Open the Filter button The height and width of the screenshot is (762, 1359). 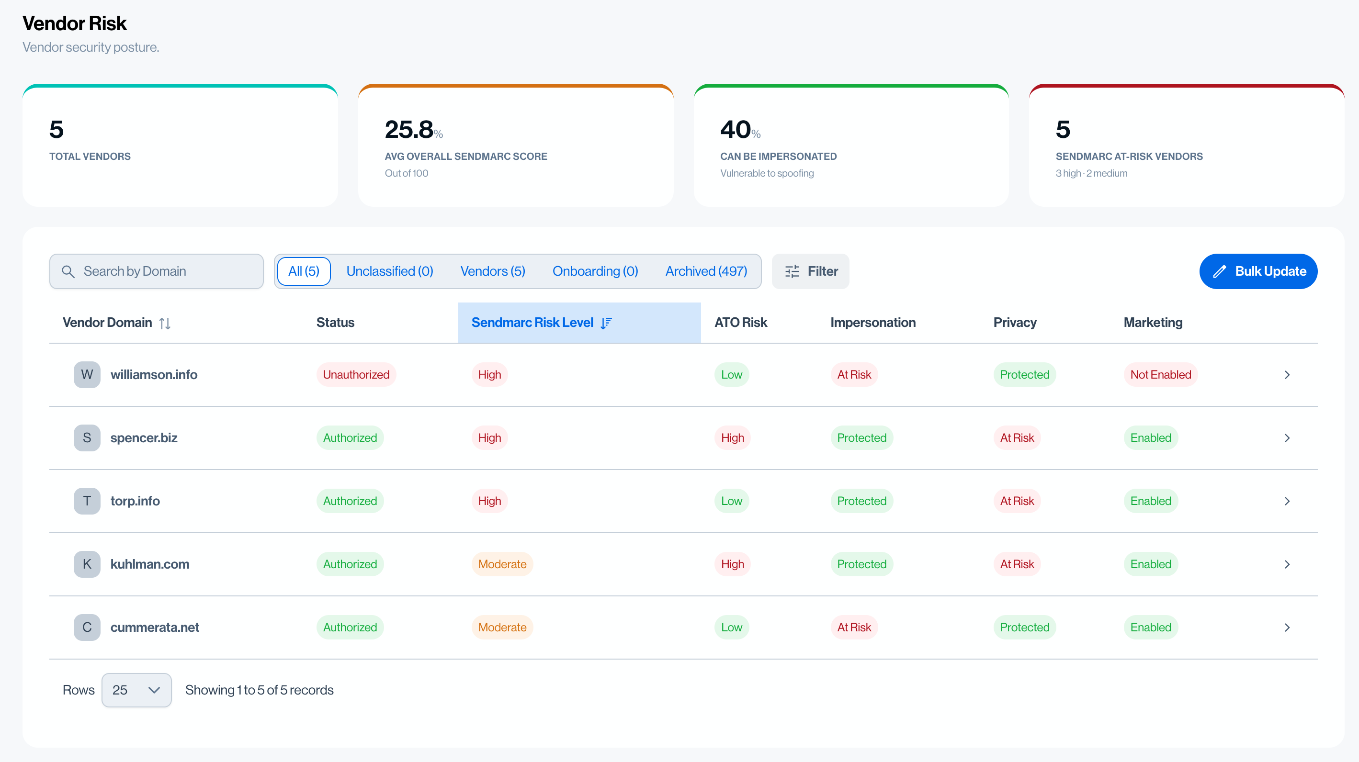810,271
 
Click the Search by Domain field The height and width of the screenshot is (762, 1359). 156,271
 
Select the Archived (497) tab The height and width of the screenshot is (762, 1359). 706,271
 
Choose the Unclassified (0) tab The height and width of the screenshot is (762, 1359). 389,271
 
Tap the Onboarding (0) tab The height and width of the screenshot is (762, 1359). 595,271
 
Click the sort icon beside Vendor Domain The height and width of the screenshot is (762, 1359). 165,323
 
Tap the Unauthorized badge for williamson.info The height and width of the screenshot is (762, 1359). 356,374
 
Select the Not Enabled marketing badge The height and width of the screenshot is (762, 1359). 1161,374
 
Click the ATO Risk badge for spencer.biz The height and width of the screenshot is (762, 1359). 732,437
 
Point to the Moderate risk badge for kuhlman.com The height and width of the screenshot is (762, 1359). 502,564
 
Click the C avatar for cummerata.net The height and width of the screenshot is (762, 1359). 87,628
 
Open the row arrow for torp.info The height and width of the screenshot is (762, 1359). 1287,501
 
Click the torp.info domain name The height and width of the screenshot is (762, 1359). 135,501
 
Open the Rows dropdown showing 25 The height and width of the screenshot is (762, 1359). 136,690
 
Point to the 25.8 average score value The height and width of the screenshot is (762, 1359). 409,130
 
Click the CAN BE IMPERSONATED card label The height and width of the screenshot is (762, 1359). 778,156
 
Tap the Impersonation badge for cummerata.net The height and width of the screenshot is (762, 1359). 854,628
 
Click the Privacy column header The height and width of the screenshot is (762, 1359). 1015,322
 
